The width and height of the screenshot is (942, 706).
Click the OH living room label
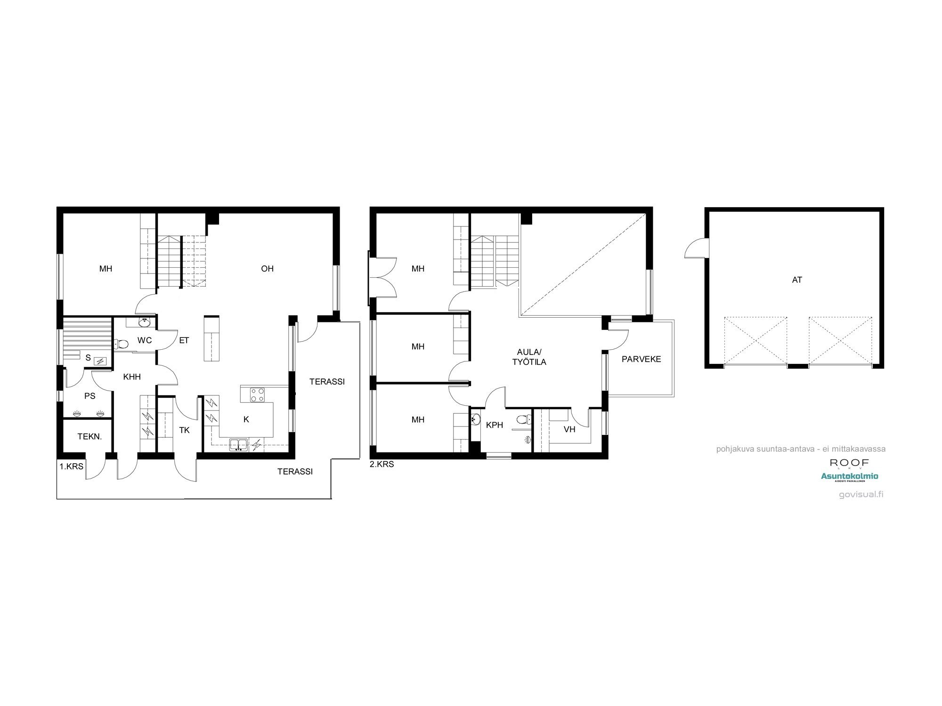267,269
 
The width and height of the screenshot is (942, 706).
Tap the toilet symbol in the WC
122,344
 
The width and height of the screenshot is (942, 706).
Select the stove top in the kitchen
257,394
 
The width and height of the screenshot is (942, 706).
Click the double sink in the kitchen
239,444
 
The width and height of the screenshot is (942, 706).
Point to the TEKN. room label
89,437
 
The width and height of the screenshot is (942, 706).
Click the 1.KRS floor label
71,466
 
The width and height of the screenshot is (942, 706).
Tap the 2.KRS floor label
382,464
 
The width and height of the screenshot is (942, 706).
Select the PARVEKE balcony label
641,359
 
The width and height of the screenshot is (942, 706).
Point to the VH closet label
569,429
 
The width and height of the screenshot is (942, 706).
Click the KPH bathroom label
494,425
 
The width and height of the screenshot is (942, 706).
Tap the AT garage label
796,280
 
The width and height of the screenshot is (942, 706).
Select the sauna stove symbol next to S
100,361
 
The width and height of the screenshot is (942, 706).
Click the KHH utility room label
132,377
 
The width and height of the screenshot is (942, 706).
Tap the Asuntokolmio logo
849,476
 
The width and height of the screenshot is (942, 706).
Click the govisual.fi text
861,495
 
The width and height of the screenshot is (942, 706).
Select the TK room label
184,430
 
